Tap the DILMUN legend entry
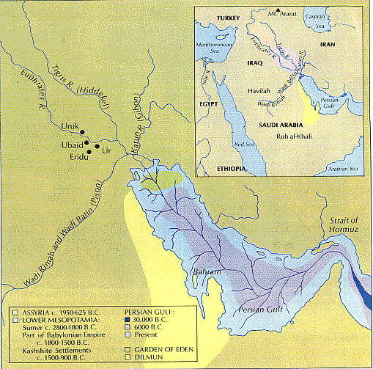coord(154,359)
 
